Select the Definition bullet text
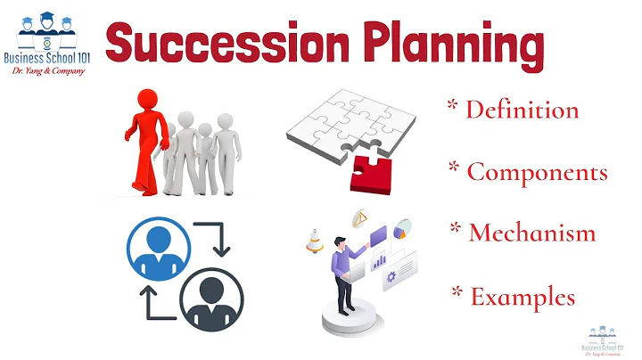[522, 110]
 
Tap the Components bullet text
[537, 171]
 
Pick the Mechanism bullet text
[531, 233]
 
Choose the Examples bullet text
[522, 297]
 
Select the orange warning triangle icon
[361, 217]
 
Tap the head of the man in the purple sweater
[339, 242]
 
